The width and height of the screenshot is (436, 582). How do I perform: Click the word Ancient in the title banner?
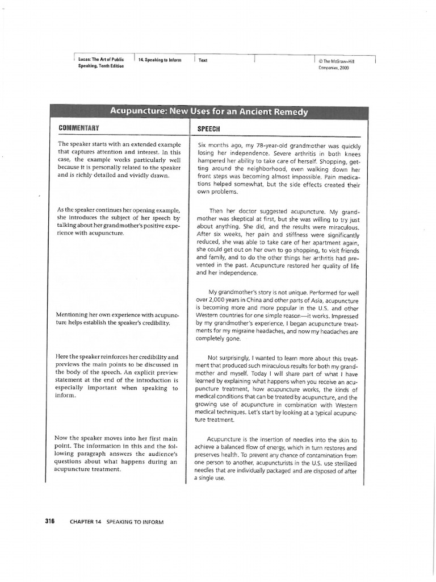258,112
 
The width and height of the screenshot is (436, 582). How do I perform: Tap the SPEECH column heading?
208,129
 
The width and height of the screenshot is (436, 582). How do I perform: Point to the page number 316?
49,521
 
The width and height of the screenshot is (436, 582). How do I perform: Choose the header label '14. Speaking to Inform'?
160,60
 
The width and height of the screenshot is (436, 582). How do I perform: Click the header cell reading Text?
203,60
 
